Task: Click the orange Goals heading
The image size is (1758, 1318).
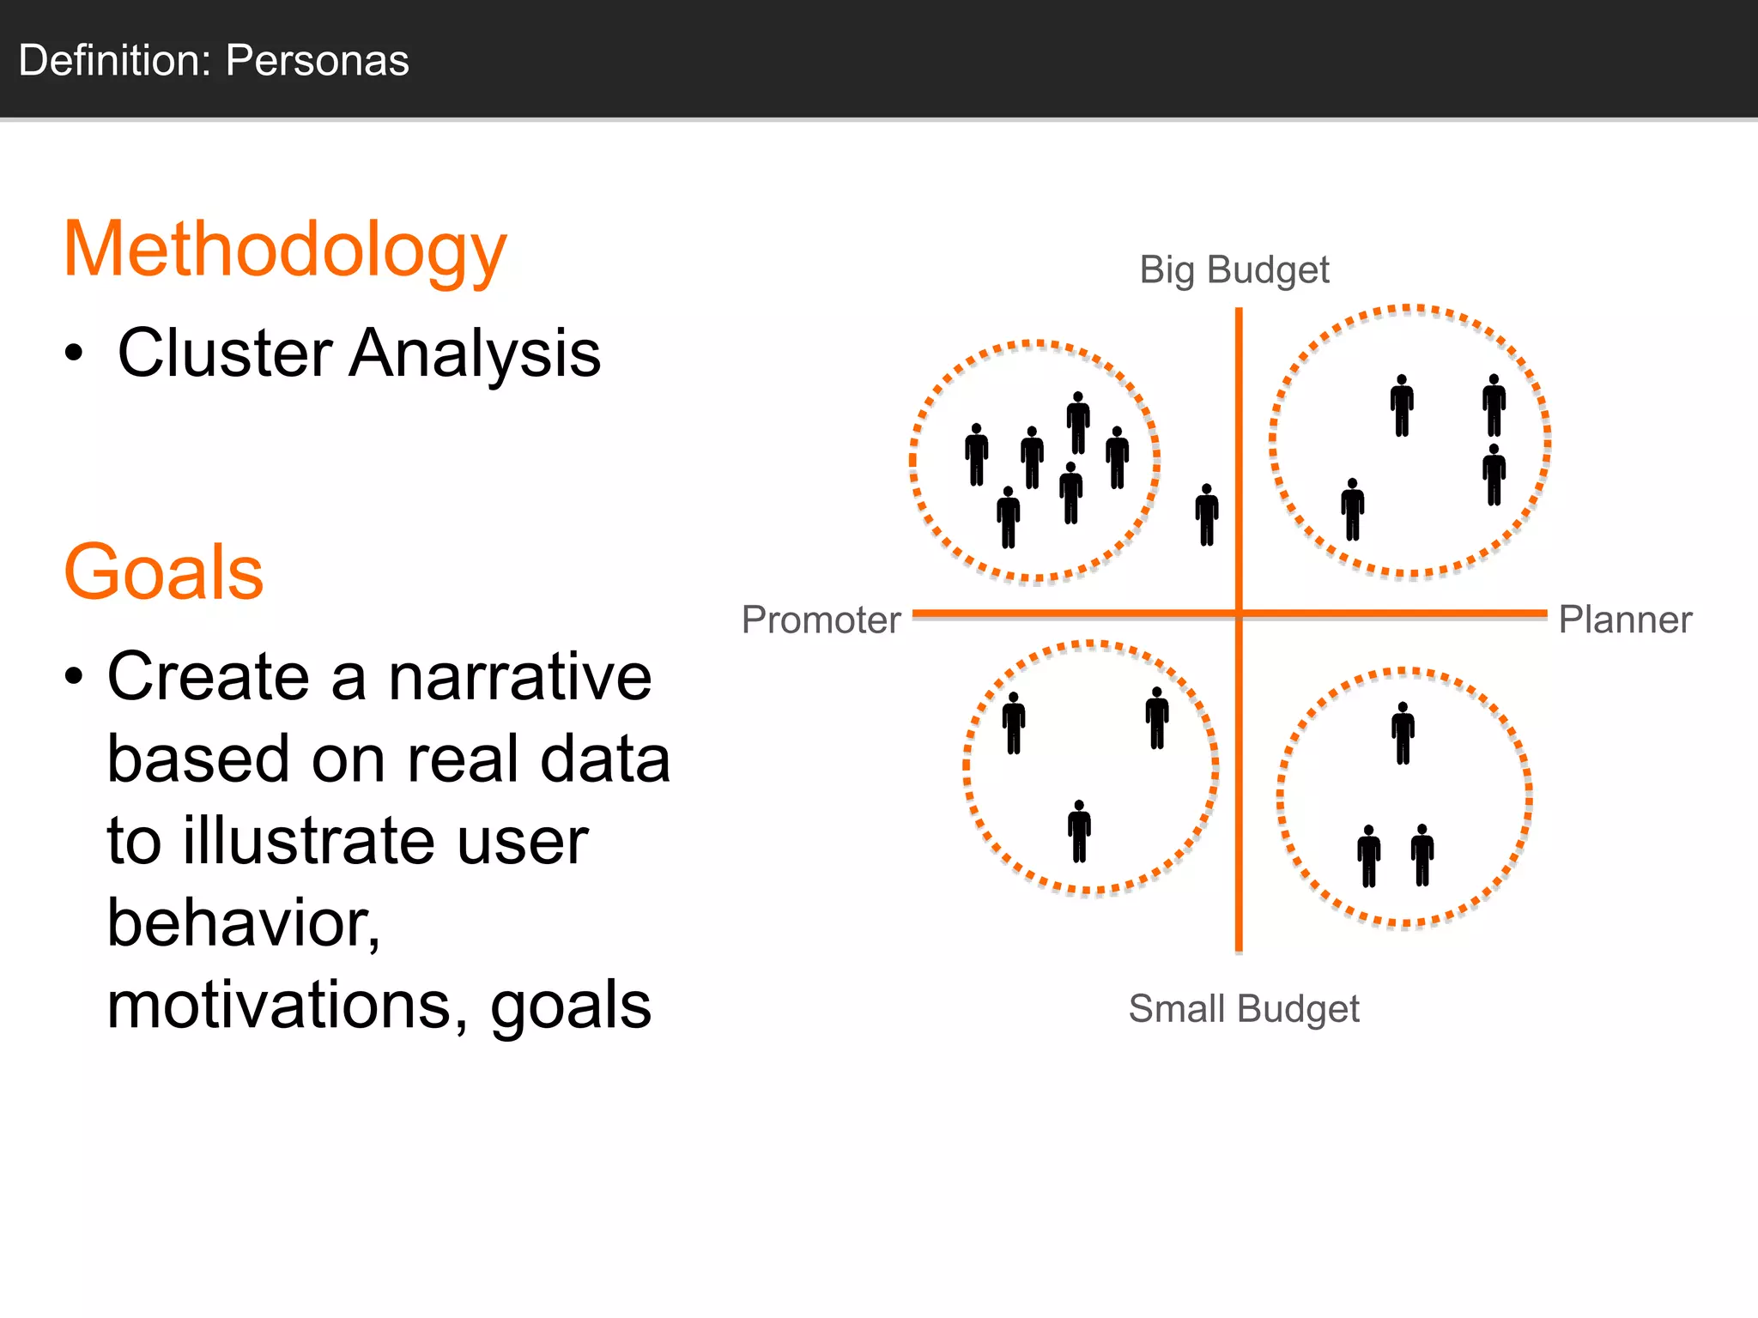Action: (x=163, y=572)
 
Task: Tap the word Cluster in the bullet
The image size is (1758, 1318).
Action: (x=225, y=353)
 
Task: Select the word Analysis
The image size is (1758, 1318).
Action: (x=475, y=353)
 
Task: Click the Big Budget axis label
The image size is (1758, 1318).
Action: (x=1234, y=270)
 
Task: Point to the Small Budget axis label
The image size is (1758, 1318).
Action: (x=1243, y=1008)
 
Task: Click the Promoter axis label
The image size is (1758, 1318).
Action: (x=821, y=620)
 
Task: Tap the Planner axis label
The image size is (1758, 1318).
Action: (x=1624, y=620)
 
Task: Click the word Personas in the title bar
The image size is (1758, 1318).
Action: (x=317, y=61)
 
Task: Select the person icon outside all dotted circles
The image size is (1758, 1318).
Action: (x=1207, y=515)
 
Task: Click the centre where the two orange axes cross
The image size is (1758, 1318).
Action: (x=1239, y=614)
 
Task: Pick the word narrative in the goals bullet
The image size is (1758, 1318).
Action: (x=520, y=677)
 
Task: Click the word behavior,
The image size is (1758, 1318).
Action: (x=244, y=923)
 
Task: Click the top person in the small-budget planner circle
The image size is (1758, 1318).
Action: (x=1403, y=734)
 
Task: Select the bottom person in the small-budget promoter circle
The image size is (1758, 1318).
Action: (x=1079, y=831)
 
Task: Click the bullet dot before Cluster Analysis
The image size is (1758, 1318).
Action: (x=75, y=353)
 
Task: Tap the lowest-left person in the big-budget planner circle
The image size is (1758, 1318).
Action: (x=1353, y=510)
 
